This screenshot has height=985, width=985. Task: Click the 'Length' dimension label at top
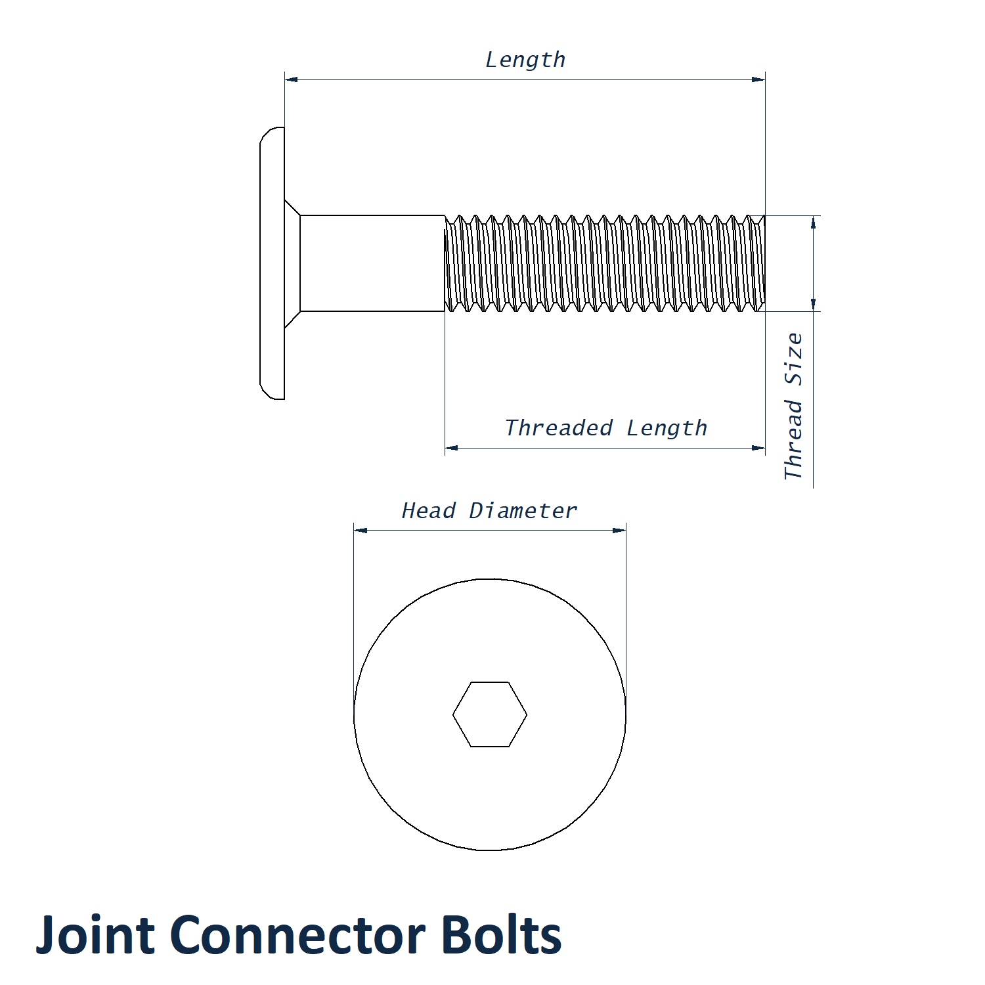(525, 60)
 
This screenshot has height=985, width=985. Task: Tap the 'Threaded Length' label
(605, 428)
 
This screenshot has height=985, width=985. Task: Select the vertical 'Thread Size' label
(794, 406)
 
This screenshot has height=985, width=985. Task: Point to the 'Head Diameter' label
(489, 511)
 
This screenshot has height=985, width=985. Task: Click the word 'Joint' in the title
(96, 935)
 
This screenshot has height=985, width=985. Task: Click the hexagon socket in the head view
(489, 714)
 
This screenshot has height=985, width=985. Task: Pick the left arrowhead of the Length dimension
(291, 79)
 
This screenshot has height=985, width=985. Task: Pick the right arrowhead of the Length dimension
(758, 79)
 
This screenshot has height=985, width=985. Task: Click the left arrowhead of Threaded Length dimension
(451, 449)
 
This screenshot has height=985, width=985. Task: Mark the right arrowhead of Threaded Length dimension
(758, 449)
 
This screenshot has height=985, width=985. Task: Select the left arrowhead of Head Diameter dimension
(360, 530)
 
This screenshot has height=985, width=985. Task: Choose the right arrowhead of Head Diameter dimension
(619, 530)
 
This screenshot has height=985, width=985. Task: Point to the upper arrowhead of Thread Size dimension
(814, 222)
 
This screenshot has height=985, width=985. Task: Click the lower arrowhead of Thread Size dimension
(814, 304)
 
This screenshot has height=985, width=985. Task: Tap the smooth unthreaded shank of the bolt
(372, 263)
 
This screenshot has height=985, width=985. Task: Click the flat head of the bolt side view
(272, 263)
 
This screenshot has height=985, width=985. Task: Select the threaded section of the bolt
(604, 263)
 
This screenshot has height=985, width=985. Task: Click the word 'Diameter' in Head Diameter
(523, 511)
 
